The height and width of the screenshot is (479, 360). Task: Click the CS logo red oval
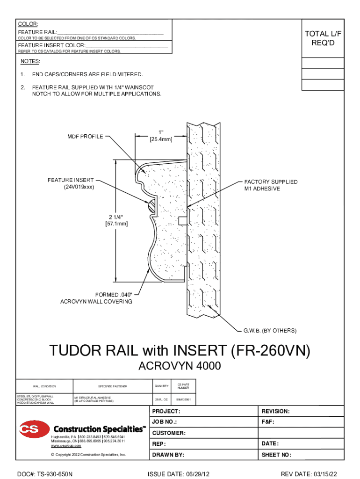tap(34, 429)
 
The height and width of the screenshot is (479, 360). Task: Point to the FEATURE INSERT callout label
tap(70, 184)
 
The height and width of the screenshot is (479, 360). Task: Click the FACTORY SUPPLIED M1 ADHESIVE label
tap(270, 185)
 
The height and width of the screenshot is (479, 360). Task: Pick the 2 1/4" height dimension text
tap(115, 220)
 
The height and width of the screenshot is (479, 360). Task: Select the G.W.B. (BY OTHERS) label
tap(269, 331)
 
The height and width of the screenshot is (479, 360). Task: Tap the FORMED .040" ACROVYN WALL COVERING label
tap(96, 298)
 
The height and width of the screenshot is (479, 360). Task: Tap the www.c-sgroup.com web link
tap(63, 446)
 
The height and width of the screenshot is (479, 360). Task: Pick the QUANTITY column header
tap(161, 386)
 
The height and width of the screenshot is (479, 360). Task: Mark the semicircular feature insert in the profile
tap(151, 205)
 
